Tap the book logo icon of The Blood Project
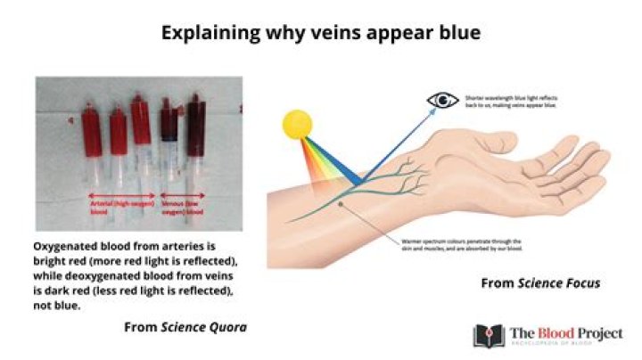(x=489, y=335)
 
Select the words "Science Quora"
(x=204, y=328)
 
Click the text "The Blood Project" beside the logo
(x=565, y=332)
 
